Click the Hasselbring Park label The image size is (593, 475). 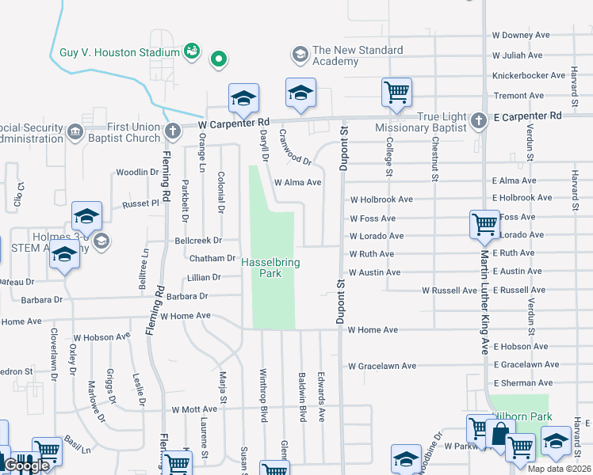[x=270, y=268]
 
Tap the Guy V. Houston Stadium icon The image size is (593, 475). [x=191, y=52]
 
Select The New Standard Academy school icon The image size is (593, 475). [x=300, y=54]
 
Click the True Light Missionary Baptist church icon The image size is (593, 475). [x=478, y=121]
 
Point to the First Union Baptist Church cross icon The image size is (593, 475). [x=173, y=131]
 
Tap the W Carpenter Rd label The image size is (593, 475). [x=234, y=124]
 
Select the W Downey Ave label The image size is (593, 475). [x=521, y=36]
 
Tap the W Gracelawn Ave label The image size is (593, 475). [x=382, y=366]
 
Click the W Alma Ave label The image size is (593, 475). [x=297, y=182]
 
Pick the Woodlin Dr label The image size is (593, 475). [x=137, y=172]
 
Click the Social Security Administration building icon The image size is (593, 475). [x=75, y=131]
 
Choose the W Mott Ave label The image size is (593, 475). [x=193, y=410]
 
